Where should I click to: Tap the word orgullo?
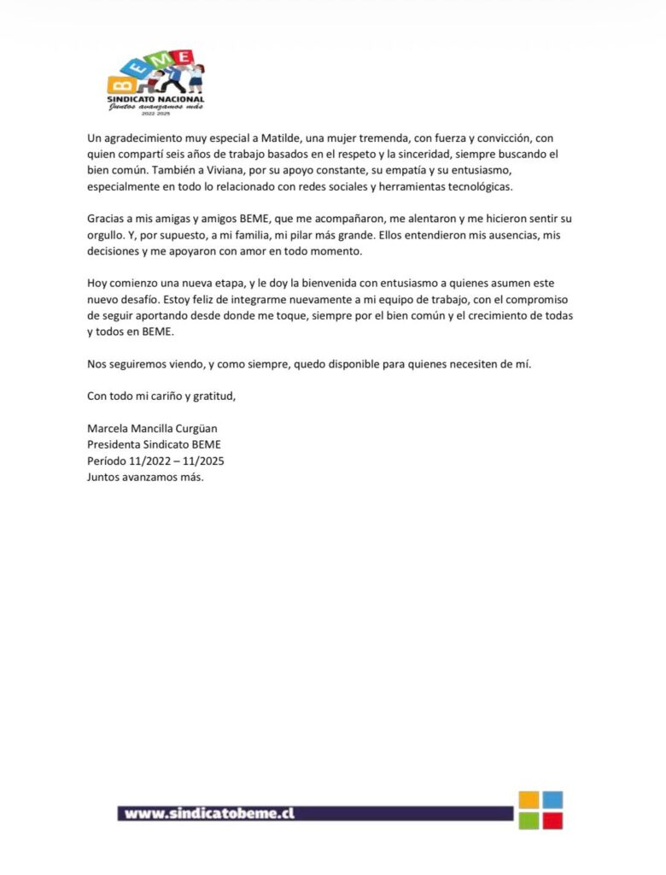pyautogui.click(x=107, y=235)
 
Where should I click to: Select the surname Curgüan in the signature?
pyautogui.click(x=206, y=428)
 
